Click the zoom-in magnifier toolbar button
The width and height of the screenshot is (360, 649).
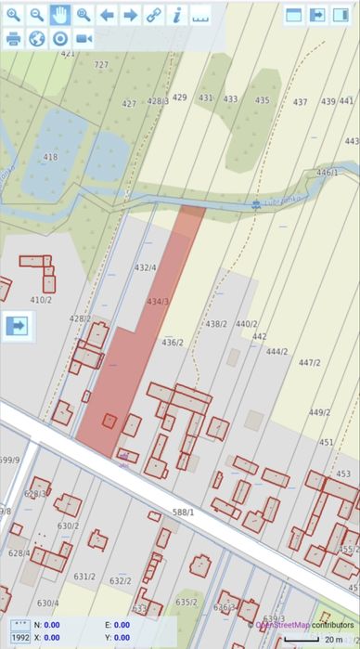click(x=14, y=15)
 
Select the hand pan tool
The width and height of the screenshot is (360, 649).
click(x=60, y=15)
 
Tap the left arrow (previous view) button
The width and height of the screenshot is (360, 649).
click(x=107, y=15)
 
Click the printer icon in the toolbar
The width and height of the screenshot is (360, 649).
click(x=14, y=38)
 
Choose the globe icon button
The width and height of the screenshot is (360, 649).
click(x=37, y=38)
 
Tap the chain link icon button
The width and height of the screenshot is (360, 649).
click(x=153, y=15)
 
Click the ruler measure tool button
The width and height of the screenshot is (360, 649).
click(x=199, y=15)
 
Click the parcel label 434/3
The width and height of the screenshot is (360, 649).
click(x=158, y=301)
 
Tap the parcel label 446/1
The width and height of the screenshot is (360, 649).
click(x=327, y=173)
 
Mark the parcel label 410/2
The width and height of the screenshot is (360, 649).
click(x=41, y=300)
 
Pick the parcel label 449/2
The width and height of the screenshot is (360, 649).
click(x=319, y=412)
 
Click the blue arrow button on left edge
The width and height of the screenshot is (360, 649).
click(x=17, y=326)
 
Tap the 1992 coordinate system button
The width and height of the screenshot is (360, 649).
click(x=19, y=638)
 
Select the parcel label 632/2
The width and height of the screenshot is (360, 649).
click(x=120, y=581)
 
